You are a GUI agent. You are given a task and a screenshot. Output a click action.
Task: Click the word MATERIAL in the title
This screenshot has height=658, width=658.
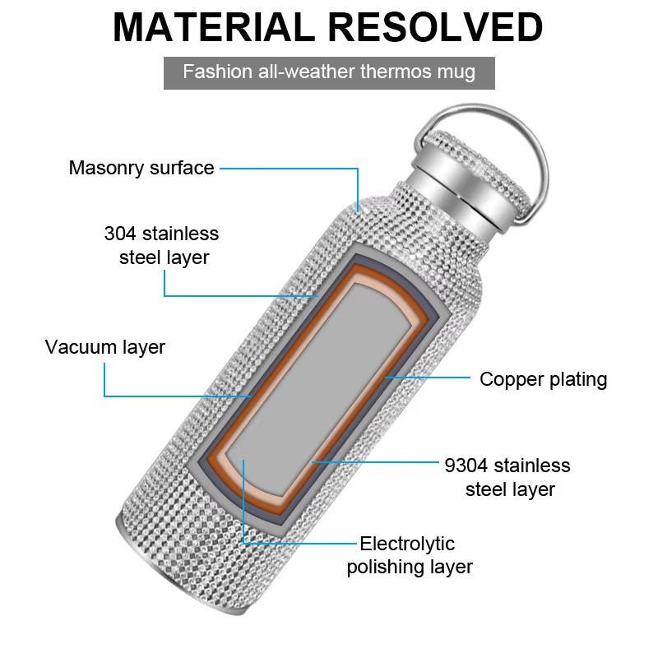point(214,27)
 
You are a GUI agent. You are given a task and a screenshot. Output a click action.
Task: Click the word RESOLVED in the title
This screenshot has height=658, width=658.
point(435,27)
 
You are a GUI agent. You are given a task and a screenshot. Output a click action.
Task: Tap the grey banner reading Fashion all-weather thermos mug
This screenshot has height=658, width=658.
point(329,73)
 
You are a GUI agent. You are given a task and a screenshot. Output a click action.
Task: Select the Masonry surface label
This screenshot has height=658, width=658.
point(141,168)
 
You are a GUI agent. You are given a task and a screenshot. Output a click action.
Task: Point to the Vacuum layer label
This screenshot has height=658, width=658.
point(105,347)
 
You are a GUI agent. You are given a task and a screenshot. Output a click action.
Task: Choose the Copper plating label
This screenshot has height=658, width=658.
point(544,380)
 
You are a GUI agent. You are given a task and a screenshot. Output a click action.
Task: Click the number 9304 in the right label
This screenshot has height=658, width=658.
point(466,466)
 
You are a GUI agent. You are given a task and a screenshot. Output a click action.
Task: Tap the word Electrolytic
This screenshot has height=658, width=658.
point(407,544)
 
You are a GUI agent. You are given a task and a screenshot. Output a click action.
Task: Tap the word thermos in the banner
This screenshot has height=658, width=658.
point(396,72)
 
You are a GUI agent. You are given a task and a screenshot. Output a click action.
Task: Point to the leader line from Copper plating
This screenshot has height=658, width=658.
point(428,378)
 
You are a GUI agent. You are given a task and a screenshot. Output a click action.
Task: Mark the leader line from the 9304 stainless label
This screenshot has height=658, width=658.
point(376,462)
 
